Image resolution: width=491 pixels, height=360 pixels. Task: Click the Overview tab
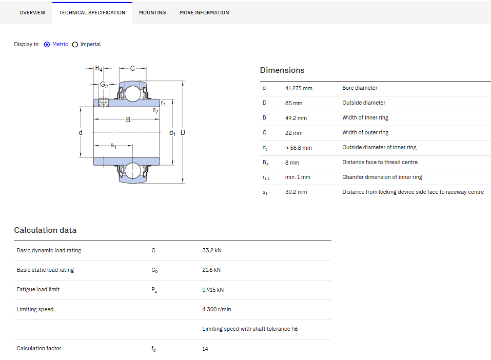(32, 12)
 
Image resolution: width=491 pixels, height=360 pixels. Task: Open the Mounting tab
(152, 12)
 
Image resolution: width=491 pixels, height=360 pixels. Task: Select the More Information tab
(204, 12)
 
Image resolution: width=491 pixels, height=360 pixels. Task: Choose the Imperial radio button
(75, 45)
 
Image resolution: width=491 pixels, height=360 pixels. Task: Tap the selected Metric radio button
(47, 45)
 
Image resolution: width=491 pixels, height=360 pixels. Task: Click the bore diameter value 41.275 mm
(299, 88)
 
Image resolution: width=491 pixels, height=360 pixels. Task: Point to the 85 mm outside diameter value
(293, 103)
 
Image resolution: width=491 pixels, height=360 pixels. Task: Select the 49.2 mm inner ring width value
(296, 118)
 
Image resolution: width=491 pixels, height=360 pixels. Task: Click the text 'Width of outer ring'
(365, 132)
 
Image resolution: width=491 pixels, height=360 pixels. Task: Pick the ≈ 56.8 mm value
(299, 148)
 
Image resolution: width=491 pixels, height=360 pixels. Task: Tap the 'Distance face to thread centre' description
(380, 162)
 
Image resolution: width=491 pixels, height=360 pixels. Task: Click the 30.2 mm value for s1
(296, 192)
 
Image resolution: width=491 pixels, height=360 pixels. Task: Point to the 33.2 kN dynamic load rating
(212, 250)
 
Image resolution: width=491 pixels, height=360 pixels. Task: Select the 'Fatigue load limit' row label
(38, 290)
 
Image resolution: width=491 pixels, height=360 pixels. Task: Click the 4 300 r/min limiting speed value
(217, 309)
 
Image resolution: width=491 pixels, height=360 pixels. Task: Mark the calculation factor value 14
(205, 349)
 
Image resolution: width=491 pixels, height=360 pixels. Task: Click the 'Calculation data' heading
(45, 230)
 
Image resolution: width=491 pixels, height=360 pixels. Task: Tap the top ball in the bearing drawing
(132, 94)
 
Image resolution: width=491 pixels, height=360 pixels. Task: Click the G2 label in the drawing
(104, 85)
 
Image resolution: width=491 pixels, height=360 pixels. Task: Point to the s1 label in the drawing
(113, 146)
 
